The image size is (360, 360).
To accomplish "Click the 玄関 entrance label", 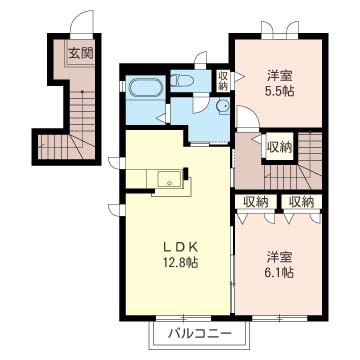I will [x=80, y=52].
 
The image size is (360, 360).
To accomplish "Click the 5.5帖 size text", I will [x=279, y=91].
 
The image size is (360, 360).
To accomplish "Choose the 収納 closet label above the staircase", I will [x=279, y=148].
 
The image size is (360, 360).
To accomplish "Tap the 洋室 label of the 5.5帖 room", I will [x=279, y=75].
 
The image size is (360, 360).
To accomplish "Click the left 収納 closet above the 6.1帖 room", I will [x=255, y=202].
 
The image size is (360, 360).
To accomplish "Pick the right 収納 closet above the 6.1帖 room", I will [x=300, y=202].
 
